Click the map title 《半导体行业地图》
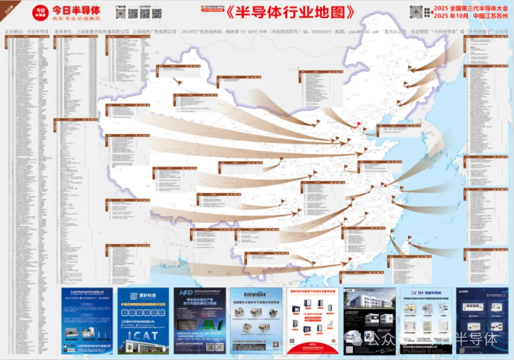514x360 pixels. pyautogui.click(x=292, y=12)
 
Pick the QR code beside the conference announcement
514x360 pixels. pyautogui.click(x=416, y=11)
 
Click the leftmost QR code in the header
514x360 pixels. pyautogui.click(x=121, y=13)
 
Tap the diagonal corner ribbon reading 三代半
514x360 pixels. pyautogui.click(x=8, y=7)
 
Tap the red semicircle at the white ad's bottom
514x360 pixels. pyautogui.click(x=312, y=347)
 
